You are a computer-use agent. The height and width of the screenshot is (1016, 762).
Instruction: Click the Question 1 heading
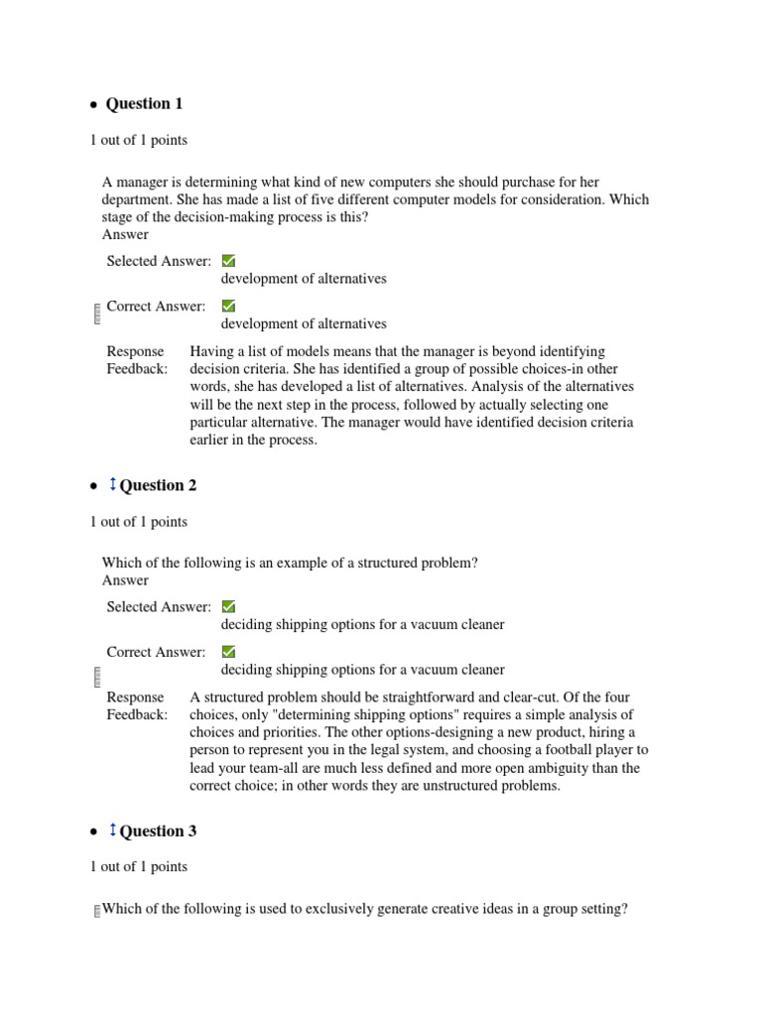click(144, 104)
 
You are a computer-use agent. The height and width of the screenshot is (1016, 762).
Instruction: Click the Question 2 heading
click(158, 485)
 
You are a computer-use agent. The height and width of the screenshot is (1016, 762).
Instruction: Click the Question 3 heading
click(158, 830)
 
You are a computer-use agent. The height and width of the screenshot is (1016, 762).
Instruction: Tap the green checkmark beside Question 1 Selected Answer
click(228, 261)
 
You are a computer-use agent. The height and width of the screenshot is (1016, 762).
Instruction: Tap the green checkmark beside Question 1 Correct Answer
click(228, 307)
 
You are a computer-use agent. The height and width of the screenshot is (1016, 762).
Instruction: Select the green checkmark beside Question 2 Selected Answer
click(228, 606)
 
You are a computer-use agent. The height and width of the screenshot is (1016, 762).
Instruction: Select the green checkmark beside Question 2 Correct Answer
click(228, 652)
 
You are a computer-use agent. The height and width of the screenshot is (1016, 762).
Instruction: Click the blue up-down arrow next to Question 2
click(112, 484)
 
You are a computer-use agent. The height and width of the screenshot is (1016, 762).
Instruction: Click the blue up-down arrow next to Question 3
click(112, 829)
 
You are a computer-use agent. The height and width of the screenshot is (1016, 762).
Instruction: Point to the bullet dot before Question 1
click(93, 105)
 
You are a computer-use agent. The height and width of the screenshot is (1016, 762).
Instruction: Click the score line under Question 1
click(138, 141)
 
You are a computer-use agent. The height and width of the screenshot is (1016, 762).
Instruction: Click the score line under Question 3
click(138, 866)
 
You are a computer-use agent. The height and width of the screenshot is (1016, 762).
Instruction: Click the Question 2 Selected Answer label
click(159, 606)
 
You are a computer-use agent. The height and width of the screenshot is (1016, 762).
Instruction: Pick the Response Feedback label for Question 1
click(137, 360)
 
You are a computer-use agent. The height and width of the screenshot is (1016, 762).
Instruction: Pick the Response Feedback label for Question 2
click(137, 705)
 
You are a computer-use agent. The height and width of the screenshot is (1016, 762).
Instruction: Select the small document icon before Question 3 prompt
click(96, 911)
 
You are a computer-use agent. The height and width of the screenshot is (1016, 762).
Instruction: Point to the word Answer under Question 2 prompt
click(125, 580)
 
